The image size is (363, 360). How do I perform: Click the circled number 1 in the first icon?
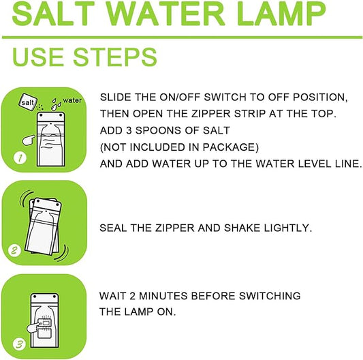coord(20,160)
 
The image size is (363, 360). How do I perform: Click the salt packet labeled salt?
coord(29,100)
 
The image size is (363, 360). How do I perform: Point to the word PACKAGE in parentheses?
coord(232,147)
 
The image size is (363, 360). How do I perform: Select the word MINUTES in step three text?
coord(167,296)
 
